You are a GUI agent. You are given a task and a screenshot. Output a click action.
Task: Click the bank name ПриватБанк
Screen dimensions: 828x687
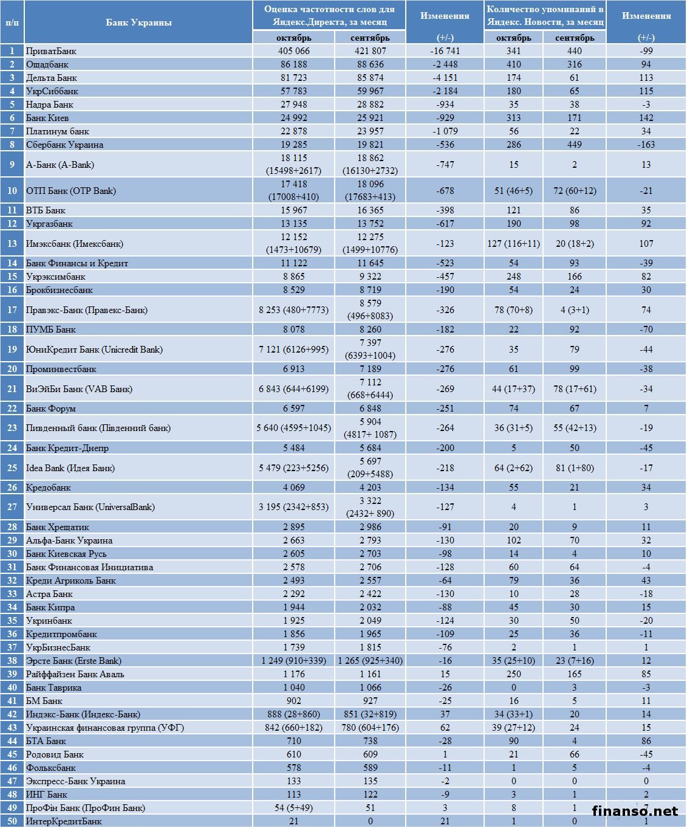tap(51, 51)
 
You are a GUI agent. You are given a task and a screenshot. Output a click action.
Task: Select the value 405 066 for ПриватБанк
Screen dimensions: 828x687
tap(293, 51)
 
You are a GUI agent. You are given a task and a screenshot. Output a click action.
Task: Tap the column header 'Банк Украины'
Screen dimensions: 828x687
tap(138, 22)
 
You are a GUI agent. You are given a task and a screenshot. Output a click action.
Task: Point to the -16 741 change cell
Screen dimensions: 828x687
tap(445, 51)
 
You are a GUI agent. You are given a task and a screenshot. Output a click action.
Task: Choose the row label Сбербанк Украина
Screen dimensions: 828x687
tap(64, 145)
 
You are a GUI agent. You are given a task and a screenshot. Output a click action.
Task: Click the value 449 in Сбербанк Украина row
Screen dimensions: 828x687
tap(574, 145)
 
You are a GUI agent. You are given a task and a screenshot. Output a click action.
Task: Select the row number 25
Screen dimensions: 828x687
tap(12, 468)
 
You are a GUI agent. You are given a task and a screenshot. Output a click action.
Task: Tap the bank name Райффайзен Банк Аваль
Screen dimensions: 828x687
tap(75, 674)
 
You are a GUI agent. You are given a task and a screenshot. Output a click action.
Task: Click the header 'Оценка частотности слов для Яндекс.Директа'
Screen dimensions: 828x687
tap(329, 16)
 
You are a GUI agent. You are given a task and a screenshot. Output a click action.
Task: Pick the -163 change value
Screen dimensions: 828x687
tap(646, 145)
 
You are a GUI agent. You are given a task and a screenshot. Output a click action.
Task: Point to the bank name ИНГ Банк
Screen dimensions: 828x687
tap(47, 795)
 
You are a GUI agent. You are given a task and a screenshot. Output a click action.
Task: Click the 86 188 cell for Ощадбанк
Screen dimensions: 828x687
tap(293, 64)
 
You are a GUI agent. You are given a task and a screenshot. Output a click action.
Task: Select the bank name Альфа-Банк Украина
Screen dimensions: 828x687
tap(69, 540)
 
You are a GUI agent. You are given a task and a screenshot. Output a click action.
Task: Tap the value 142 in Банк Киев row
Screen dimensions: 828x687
tap(646, 118)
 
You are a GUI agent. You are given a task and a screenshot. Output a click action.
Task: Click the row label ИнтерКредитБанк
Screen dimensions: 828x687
tap(64, 821)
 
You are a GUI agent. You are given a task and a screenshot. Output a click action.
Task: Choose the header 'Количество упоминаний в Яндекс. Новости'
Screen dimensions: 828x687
tap(545, 16)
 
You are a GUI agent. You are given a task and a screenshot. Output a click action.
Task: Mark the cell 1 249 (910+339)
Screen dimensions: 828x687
tap(293, 661)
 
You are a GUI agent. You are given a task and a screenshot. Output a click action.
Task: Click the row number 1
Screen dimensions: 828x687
tap(12, 51)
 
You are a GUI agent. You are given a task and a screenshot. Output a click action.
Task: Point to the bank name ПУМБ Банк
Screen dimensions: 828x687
tap(51, 329)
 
